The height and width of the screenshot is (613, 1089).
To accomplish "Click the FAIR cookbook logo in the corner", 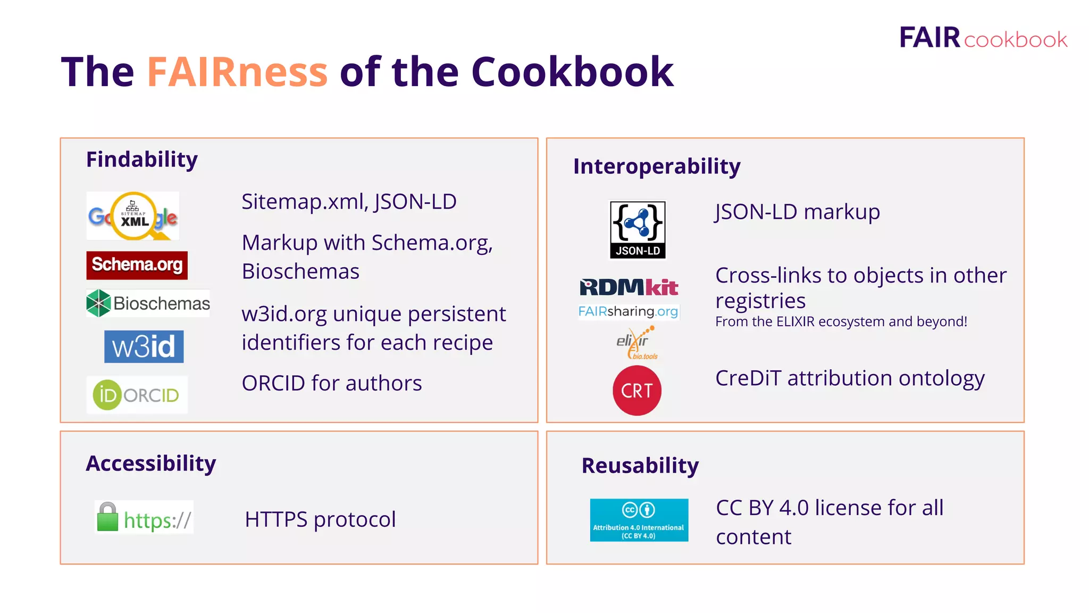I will tap(983, 38).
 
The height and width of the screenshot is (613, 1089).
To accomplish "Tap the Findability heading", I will tap(142, 159).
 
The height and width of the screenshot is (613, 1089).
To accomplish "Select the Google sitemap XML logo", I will tap(133, 216).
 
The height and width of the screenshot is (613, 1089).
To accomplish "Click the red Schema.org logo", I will tap(137, 265).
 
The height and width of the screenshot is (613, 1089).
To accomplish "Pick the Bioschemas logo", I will tap(148, 303).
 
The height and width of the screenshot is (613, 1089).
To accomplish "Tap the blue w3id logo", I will tap(144, 346).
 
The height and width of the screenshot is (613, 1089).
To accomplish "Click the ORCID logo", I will tap(137, 395).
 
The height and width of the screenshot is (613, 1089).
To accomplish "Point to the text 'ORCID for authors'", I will tap(331, 383).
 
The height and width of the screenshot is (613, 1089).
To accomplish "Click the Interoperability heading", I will tap(657, 166).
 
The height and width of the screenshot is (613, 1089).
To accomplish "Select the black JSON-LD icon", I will tap(638, 229).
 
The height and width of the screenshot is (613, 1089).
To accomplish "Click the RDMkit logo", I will tap(629, 287).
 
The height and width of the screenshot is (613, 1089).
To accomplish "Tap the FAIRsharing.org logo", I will tap(628, 311).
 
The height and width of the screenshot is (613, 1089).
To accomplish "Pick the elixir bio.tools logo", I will tap(636, 343).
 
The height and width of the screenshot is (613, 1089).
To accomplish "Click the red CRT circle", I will tap(637, 391).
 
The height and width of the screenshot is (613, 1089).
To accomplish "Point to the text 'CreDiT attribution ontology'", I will tap(850, 378).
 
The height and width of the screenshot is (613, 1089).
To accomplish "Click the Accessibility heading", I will tap(151, 463).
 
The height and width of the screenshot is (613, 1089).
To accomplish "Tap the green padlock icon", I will tap(107, 517).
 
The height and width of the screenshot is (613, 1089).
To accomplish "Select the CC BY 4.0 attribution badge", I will tap(639, 520).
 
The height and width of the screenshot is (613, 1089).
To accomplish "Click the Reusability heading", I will tap(640, 466).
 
